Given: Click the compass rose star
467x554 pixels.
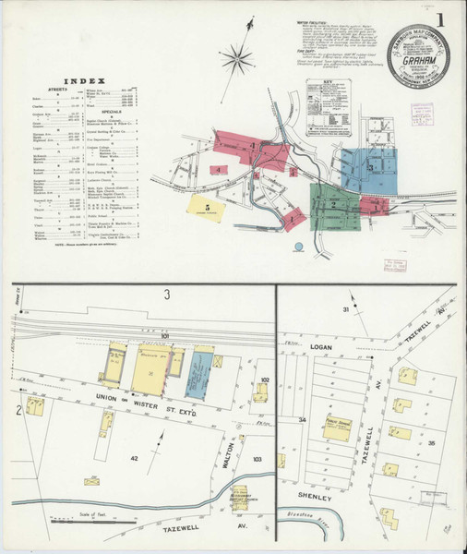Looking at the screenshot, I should point(237,61).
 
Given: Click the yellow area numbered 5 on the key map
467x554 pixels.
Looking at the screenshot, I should point(210,208).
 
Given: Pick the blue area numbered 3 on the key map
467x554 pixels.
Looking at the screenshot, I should point(369,170).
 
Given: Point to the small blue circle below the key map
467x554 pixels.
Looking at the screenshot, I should point(298,247).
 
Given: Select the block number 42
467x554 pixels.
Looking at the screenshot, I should point(134,458).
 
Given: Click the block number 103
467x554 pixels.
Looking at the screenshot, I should point(257,459).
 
